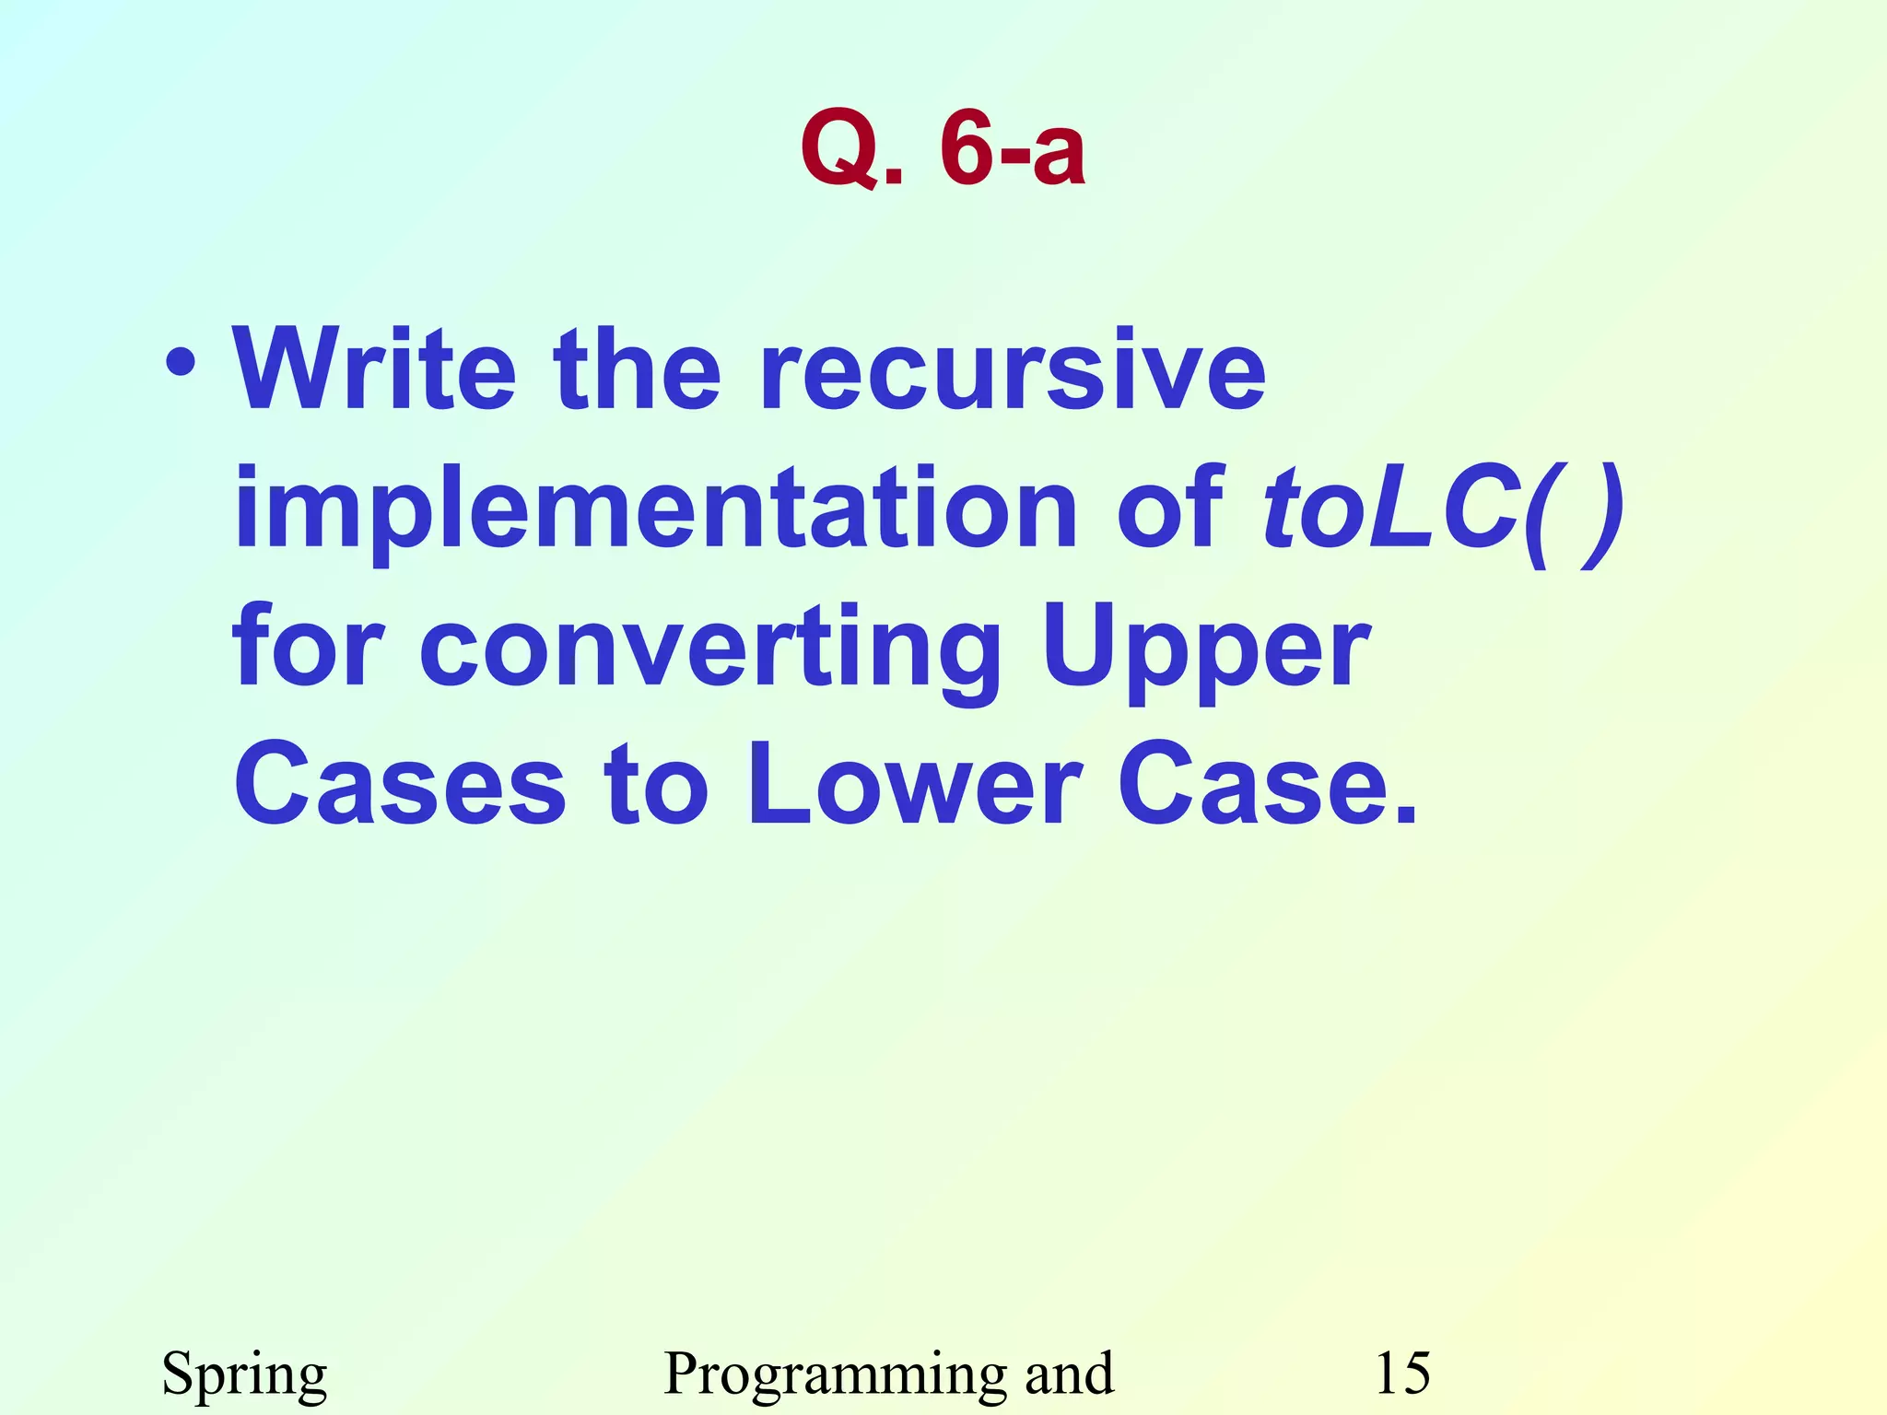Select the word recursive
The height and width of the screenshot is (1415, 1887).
tap(1014, 370)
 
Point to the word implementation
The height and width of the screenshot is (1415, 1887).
tap(655, 509)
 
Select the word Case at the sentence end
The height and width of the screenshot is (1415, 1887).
tap(1267, 785)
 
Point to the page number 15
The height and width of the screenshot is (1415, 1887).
tap(1402, 1373)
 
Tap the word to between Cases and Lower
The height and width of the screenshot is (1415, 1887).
tap(656, 785)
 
